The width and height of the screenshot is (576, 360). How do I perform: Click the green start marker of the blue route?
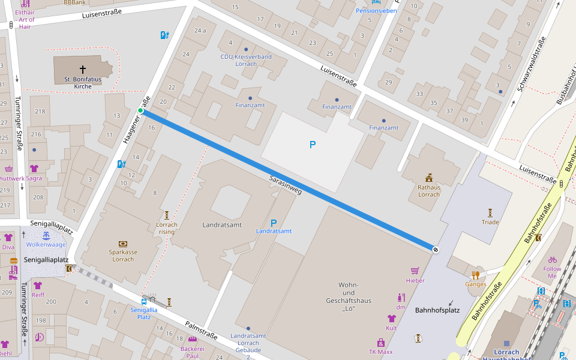[140, 110]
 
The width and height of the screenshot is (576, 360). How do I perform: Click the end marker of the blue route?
[436, 249]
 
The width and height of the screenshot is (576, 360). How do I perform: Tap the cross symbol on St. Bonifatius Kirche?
[83, 70]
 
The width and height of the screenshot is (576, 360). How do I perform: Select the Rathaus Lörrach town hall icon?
[429, 178]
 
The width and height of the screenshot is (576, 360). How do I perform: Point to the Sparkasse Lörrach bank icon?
[123, 244]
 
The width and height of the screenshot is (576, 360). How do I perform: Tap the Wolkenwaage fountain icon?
[46, 236]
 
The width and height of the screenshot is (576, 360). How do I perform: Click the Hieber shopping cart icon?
[415, 271]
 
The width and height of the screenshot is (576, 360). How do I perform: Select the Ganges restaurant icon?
[476, 275]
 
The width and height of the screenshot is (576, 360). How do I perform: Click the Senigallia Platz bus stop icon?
[144, 301]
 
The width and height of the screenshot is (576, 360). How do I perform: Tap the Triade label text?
[490, 222]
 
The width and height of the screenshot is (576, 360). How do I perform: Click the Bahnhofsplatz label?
[437, 310]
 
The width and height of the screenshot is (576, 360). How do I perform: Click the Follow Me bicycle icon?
[553, 260]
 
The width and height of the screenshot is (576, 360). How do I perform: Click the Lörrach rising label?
[167, 229]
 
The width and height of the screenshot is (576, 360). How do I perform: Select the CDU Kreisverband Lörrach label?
[246, 60]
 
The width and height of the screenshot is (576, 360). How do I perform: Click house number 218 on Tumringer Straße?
[41, 112]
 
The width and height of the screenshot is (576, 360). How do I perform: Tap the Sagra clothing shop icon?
[34, 169]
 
